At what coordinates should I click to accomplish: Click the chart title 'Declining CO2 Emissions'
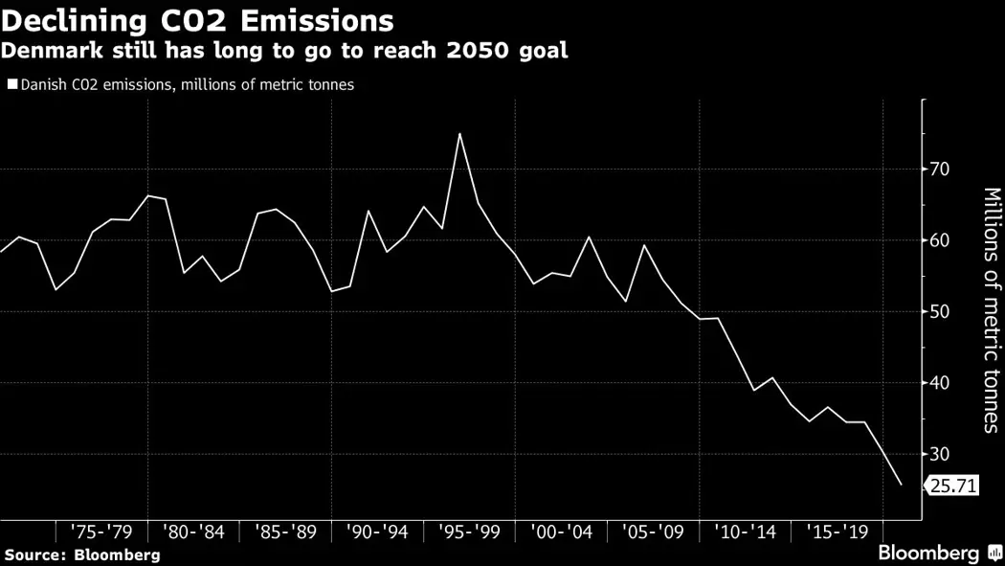198,19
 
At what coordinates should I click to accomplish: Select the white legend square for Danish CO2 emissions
11,84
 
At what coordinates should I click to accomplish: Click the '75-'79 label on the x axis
102,532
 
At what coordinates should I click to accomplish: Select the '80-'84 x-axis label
194,532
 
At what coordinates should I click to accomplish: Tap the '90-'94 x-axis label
378,532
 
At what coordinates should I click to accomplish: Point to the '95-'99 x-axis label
470,532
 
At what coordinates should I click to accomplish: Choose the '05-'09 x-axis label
654,532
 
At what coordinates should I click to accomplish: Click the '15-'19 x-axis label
837,532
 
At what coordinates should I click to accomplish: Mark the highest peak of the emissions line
459,133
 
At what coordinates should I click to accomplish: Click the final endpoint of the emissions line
901,485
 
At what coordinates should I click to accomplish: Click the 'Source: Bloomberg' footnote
81,555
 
